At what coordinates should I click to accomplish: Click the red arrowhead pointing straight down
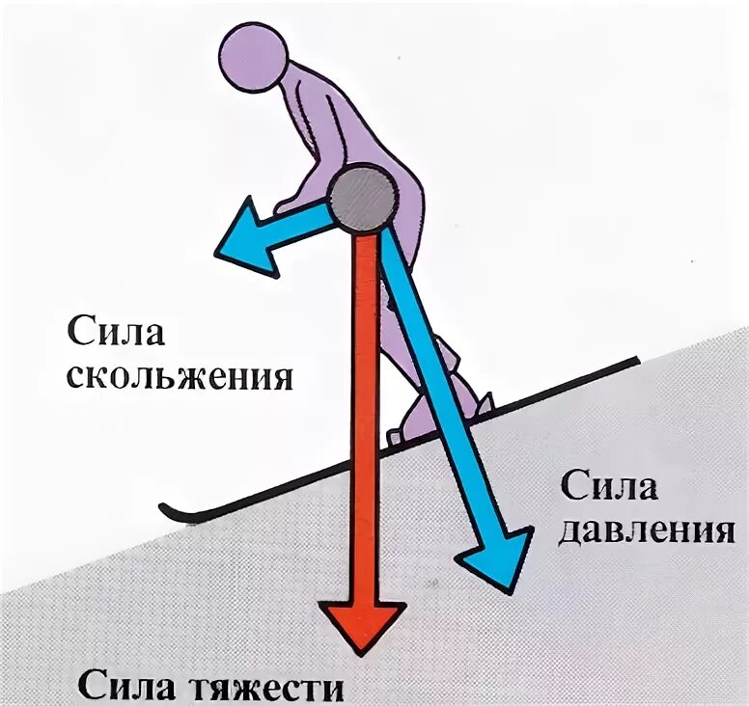click(362, 627)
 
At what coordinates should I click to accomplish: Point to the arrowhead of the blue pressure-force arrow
click(497, 559)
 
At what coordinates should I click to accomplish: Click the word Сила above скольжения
click(117, 334)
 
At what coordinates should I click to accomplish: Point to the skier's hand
click(285, 205)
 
